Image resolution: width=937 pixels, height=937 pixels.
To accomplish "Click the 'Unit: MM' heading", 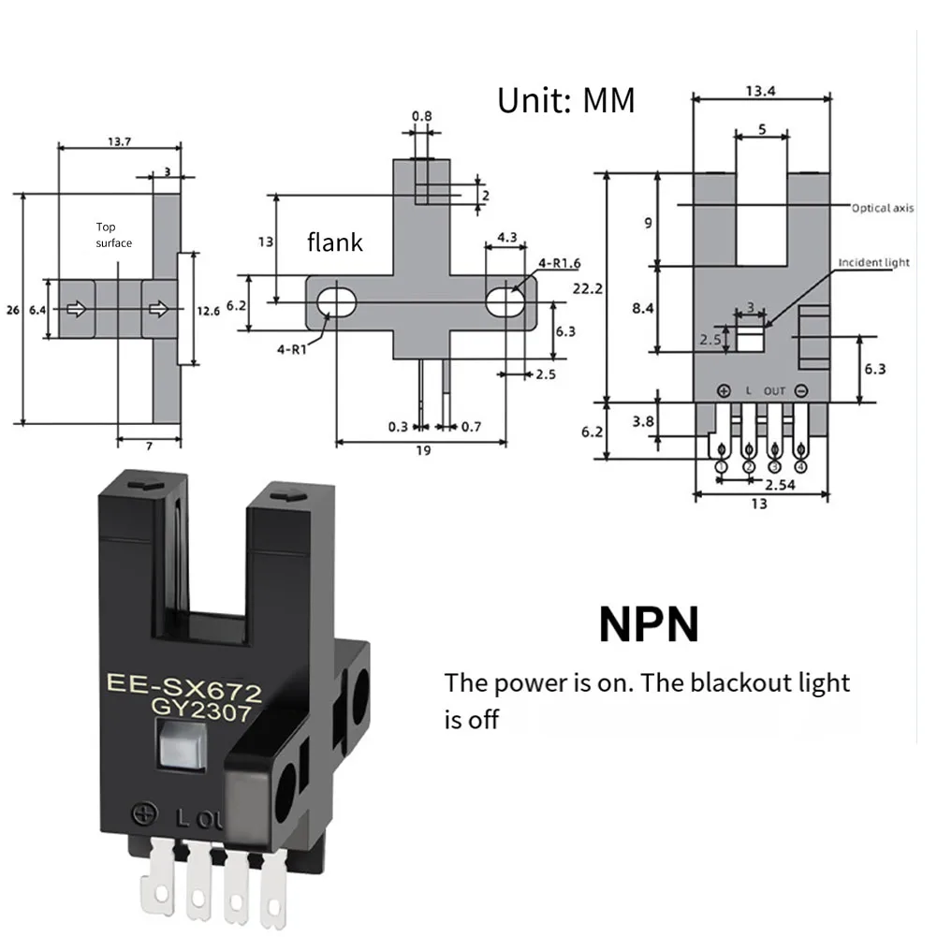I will (x=565, y=100).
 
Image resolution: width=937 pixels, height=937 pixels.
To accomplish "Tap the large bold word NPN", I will (x=649, y=624).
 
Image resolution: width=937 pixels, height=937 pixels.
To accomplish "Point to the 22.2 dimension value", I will (x=588, y=288).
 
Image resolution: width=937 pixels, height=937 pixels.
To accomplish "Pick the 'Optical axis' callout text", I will (x=882, y=208).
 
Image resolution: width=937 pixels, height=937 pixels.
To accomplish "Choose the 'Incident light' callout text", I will (x=872, y=263).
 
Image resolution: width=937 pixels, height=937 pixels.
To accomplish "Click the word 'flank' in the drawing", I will (x=334, y=242).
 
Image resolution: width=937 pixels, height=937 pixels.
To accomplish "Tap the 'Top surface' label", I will (x=113, y=235).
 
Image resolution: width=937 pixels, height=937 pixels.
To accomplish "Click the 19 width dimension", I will (x=422, y=450).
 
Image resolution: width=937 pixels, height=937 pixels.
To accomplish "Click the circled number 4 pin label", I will (x=800, y=465).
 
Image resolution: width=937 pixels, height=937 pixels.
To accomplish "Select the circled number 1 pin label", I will (x=722, y=465).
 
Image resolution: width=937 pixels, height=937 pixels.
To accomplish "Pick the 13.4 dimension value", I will (x=761, y=91).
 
